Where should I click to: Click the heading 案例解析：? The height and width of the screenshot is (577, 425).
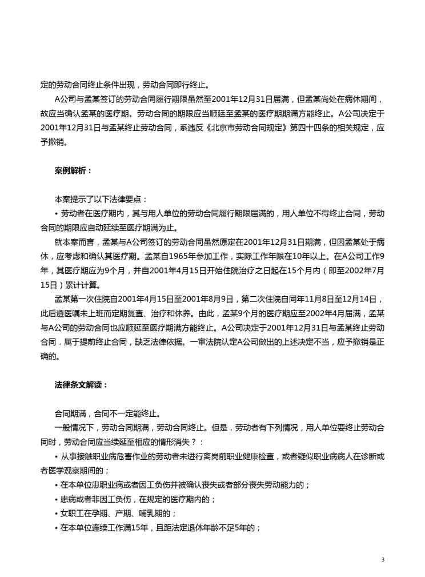(x=72, y=170)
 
